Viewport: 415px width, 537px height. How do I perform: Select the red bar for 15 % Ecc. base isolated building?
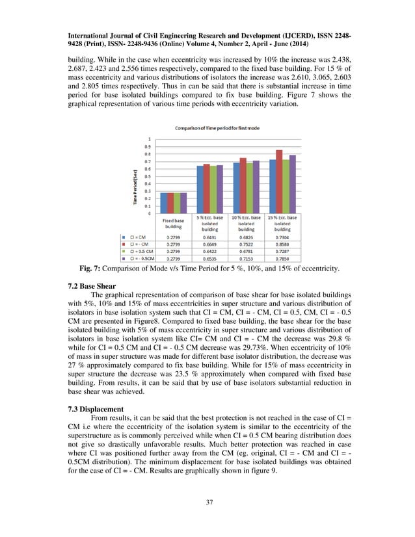point(279,181)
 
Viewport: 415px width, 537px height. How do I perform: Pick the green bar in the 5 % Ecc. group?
point(213,189)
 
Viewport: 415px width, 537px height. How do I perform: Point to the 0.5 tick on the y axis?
point(150,176)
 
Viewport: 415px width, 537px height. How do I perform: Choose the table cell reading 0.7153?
point(246,257)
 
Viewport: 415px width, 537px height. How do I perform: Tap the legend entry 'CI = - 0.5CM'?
point(141,257)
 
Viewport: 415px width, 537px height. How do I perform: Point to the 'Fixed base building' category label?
point(173,223)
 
